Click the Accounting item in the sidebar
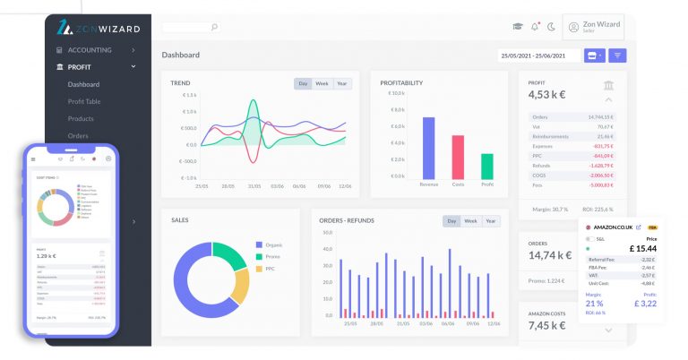tap(90, 50)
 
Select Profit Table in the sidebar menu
tap(84, 101)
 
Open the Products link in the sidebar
tap(81, 118)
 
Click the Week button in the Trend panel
tap(322, 83)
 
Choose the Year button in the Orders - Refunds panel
tap(491, 221)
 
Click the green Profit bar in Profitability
tap(487, 166)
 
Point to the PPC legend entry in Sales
tap(267, 269)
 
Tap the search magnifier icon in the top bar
tap(214, 27)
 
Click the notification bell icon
tap(535, 27)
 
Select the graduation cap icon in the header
tap(518, 27)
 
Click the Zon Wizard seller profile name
tap(601, 24)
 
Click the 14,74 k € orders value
tap(549, 255)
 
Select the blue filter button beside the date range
tap(618, 56)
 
